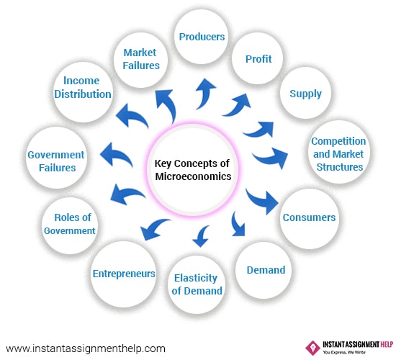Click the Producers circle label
202,37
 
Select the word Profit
258,59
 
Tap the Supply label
305,94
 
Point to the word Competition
338,141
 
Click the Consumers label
309,217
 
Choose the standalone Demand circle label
266,270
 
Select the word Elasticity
196,278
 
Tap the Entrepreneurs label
124,274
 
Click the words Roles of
73,217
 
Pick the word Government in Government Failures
56,155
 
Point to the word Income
81,81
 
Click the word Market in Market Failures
140,53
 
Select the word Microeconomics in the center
193,176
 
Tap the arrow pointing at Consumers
263,202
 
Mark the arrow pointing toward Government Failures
117,156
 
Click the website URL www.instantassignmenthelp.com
86,349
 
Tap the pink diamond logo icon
312,348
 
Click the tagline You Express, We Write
344,352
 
